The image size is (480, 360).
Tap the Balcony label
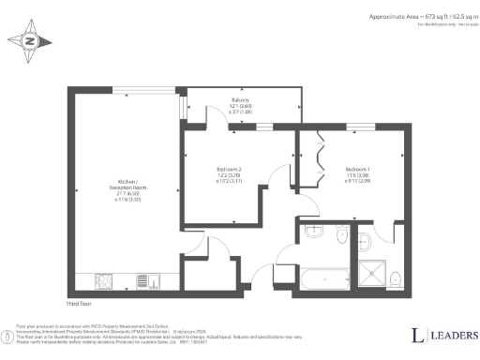[241, 99]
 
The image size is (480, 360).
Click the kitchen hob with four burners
[104, 279]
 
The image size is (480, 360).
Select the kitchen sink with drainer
[142, 279]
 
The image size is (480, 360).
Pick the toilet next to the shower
[397, 277]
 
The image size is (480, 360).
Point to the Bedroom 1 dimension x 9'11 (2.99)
[357, 182]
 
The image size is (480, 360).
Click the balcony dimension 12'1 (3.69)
[241, 106]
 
